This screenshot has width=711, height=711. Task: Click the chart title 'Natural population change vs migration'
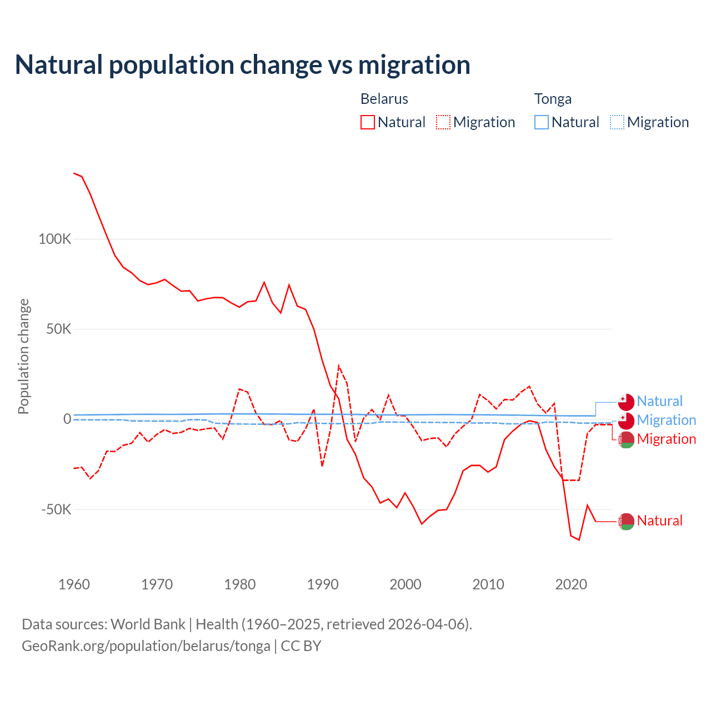tap(243, 64)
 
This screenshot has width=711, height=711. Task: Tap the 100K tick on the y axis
tap(55, 239)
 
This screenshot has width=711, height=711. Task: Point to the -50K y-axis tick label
tap(57, 509)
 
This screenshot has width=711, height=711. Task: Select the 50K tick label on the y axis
tap(59, 329)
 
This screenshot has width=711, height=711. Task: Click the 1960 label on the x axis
tap(74, 584)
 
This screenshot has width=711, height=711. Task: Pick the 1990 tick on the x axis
tap(323, 584)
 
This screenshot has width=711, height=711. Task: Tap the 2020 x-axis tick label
tap(571, 584)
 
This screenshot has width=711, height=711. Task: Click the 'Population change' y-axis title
tap(23, 356)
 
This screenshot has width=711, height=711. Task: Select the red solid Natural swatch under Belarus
tap(368, 122)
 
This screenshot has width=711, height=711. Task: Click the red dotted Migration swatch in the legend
tap(443, 122)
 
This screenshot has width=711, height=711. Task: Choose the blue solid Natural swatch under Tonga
tap(542, 122)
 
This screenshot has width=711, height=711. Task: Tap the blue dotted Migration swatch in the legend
tap(617, 122)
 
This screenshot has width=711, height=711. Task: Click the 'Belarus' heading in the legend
tap(384, 99)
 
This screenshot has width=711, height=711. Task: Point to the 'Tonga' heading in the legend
tap(553, 99)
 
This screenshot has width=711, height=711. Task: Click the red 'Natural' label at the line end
tap(659, 520)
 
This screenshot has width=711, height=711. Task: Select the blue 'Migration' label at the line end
tap(666, 420)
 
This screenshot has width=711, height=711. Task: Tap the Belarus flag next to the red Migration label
tap(626, 439)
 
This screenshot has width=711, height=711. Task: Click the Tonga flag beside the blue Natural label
tap(626, 402)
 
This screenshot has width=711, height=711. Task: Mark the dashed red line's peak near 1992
tap(339, 366)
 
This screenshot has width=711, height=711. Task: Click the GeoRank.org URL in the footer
tap(146, 646)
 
